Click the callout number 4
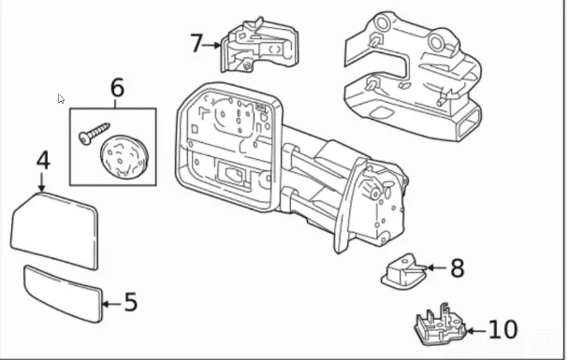(x=43, y=160)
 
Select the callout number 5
(x=130, y=303)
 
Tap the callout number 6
(x=117, y=88)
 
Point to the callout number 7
(x=196, y=43)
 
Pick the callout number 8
(x=457, y=268)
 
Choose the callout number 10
(x=502, y=329)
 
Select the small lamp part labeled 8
(x=402, y=271)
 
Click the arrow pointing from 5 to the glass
(x=109, y=303)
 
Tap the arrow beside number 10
(x=474, y=329)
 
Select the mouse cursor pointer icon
(x=61, y=98)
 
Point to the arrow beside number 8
(x=433, y=268)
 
